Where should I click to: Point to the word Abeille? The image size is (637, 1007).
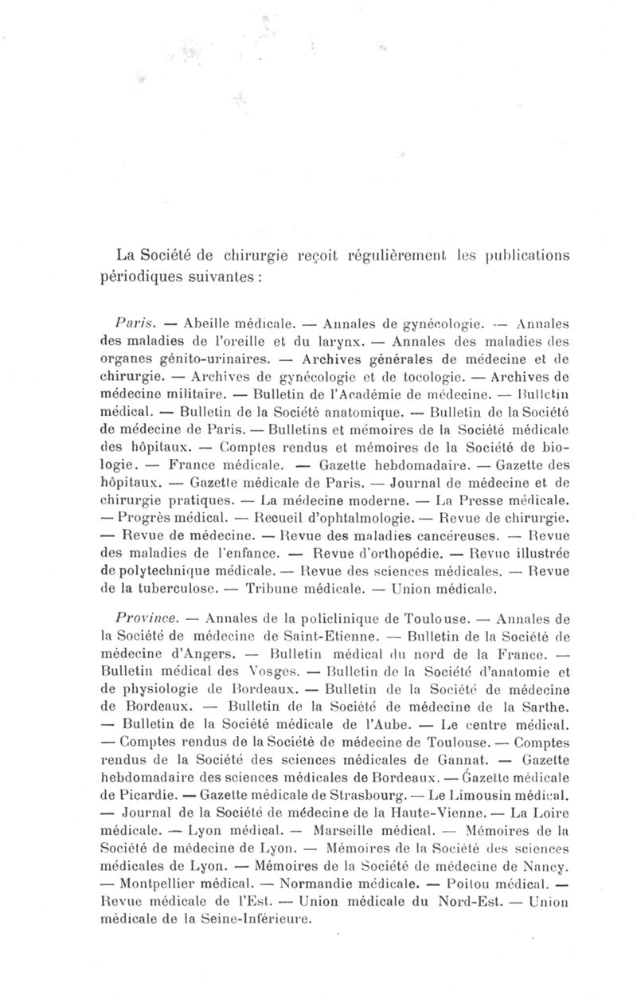pos(207,324)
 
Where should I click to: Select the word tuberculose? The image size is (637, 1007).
pos(173,590)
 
